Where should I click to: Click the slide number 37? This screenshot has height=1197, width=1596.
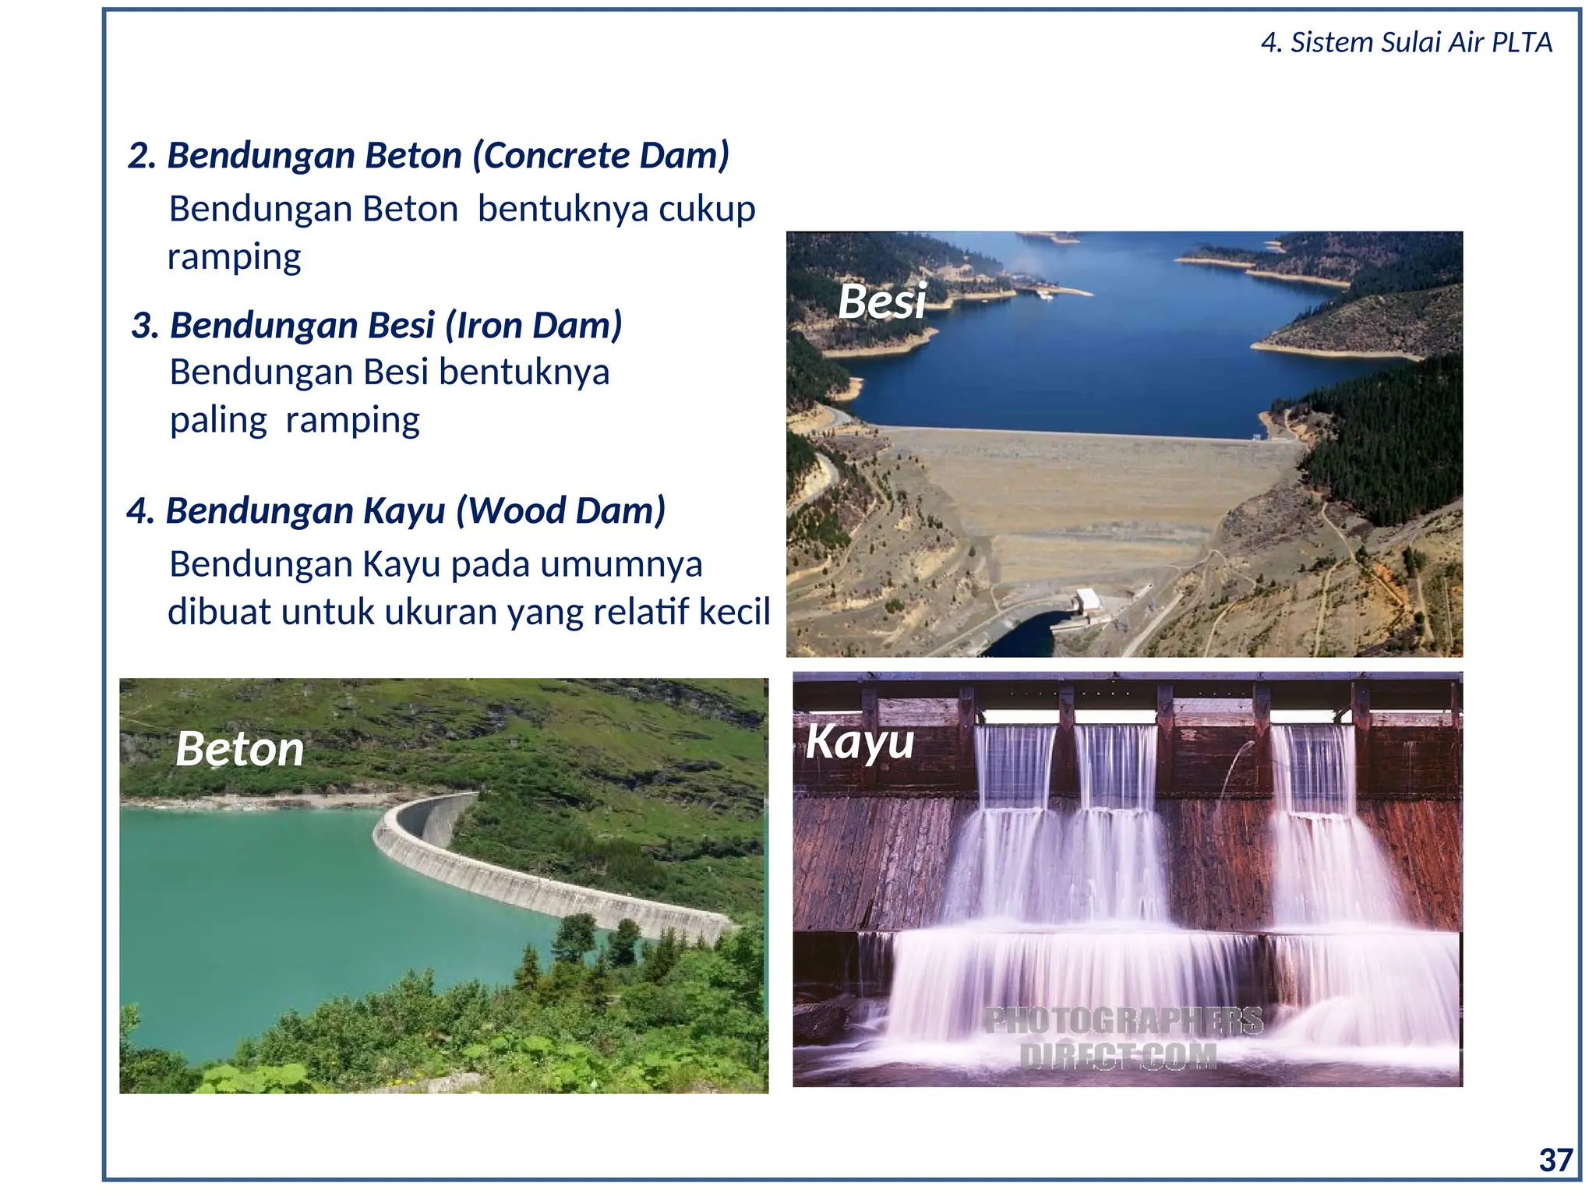(1555, 1160)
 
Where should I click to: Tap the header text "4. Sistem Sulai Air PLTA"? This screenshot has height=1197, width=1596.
(1406, 42)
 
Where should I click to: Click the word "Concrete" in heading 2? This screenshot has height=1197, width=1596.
(554, 155)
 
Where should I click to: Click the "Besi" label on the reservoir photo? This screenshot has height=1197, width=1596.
(881, 301)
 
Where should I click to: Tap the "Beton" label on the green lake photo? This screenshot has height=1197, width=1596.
(239, 749)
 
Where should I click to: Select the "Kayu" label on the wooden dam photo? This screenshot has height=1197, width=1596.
(860, 741)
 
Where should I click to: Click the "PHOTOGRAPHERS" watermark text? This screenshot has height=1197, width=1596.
(1123, 1020)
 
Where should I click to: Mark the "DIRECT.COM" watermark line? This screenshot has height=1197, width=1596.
(1118, 1056)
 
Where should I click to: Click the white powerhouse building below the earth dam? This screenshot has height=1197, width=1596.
(1087, 601)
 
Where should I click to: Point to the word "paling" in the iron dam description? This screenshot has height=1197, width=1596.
(218, 421)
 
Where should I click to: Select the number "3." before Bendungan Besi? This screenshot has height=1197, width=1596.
(145, 326)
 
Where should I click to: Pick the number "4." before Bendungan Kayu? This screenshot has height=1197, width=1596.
(141, 511)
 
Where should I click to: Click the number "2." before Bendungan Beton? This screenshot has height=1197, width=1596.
(143, 156)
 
